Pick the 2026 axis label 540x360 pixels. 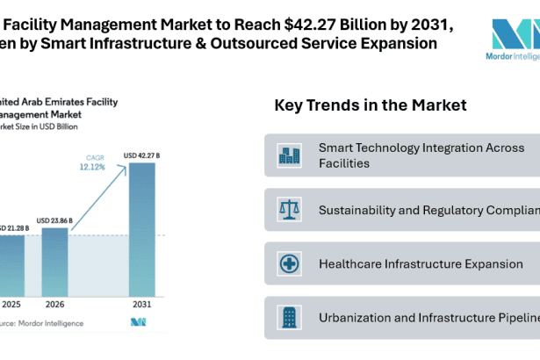(54, 305)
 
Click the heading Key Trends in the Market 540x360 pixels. (371, 105)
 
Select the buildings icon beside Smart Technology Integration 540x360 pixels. (289, 155)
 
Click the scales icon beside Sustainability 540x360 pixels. (289, 210)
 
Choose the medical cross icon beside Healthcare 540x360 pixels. (289, 263)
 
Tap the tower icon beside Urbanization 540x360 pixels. (289, 317)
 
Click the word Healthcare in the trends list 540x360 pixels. (354, 263)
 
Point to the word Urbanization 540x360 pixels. (356, 317)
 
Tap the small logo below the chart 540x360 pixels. (138, 323)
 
